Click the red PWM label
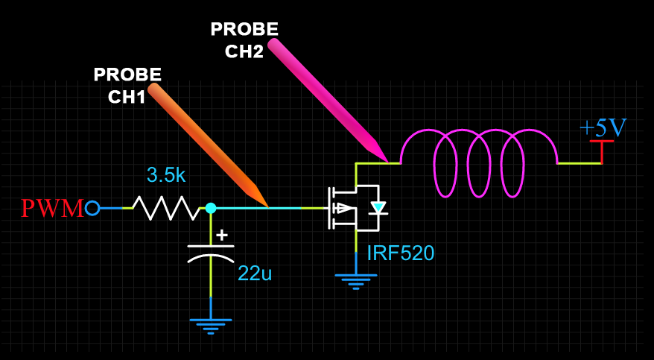click(x=51, y=208)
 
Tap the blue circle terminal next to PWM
click(x=92, y=208)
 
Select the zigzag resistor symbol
click(x=165, y=208)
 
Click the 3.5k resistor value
click(x=166, y=176)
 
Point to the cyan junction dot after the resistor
click(x=211, y=208)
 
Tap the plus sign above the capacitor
click(x=221, y=235)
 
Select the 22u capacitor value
click(x=255, y=274)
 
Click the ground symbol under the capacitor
click(x=211, y=324)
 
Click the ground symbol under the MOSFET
click(x=356, y=280)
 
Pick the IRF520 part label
click(x=401, y=253)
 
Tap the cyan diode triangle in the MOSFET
click(x=378, y=208)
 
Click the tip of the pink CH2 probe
click(x=387, y=160)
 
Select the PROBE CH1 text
click(x=127, y=85)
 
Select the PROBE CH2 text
click(x=244, y=40)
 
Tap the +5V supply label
click(x=603, y=127)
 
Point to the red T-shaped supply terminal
click(x=602, y=149)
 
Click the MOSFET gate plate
click(x=328, y=208)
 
